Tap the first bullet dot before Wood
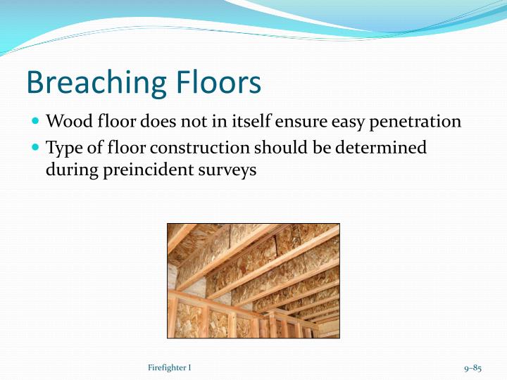36,121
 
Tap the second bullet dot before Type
36,148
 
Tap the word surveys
229,171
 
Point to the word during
70,170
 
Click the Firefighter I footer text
170,368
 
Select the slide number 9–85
472,368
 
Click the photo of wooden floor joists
253,280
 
